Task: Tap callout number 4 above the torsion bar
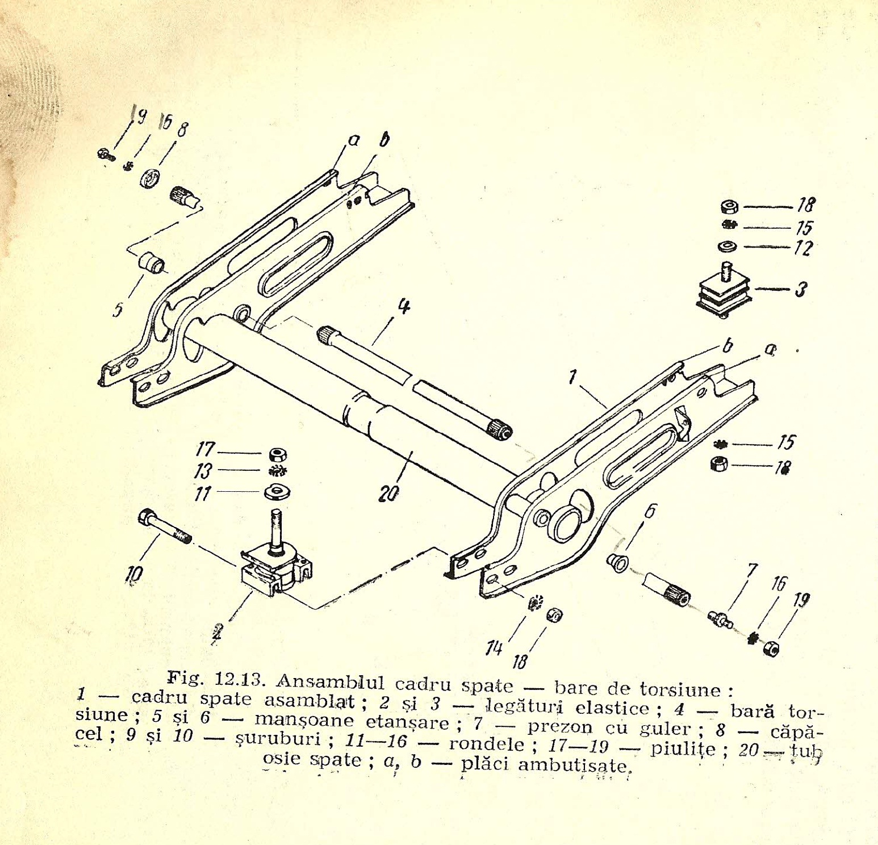(x=403, y=307)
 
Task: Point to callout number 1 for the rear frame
(x=572, y=377)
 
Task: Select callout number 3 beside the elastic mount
(x=801, y=290)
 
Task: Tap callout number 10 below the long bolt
(x=135, y=575)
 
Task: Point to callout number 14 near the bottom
(x=494, y=648)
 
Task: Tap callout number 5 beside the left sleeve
(x=118, y=310)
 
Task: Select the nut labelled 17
(x=278, y=454)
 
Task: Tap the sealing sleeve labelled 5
(x=152, y=263)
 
